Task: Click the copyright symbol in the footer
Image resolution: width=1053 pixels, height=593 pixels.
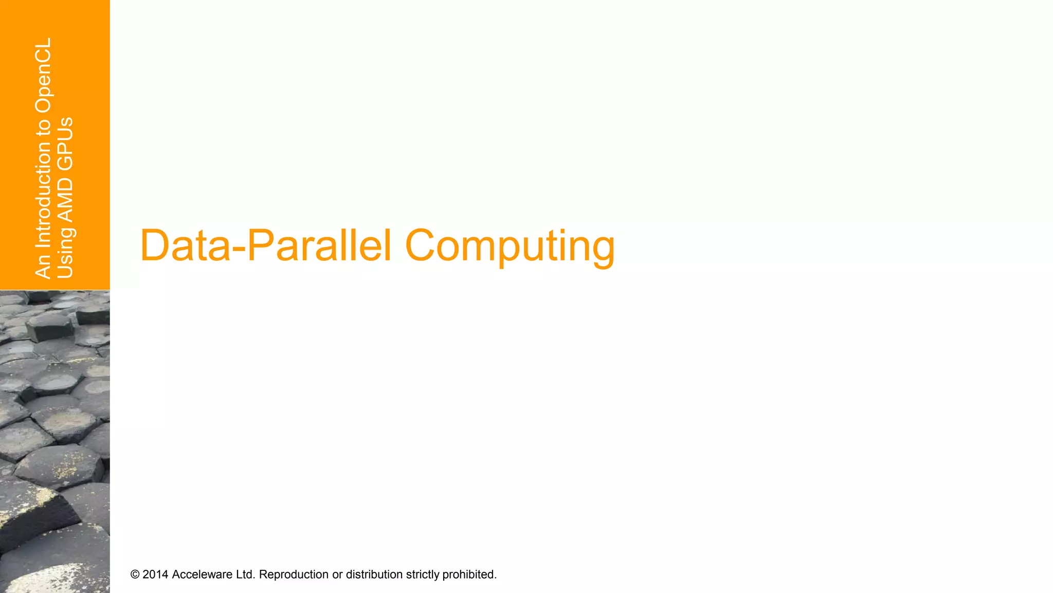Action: click(x=135, y=574)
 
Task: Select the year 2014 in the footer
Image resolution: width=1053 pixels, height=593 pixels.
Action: click(x=155, y=574)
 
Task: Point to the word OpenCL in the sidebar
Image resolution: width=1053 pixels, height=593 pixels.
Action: click(x=43, y=75)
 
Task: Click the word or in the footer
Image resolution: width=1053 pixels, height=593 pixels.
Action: click(x=337, y=574)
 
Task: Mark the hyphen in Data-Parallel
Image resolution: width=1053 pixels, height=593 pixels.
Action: click(x=239, y=249)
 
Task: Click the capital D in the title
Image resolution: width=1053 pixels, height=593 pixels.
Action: click(x=155, y=246)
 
